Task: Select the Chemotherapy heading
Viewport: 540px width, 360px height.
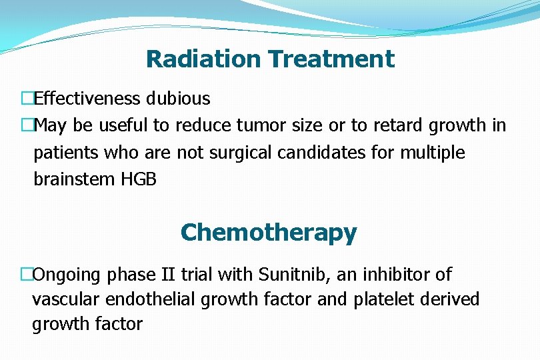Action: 269,233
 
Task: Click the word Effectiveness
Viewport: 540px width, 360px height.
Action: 87,99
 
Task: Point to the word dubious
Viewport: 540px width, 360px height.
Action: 178,99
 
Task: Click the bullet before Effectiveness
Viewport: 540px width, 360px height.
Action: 27,99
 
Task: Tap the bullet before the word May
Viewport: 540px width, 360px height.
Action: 27,125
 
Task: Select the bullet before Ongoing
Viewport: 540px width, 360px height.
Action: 27,275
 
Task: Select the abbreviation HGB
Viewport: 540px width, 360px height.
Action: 139,179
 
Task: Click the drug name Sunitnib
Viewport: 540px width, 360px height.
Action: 290,275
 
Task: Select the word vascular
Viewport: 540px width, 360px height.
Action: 61,299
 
